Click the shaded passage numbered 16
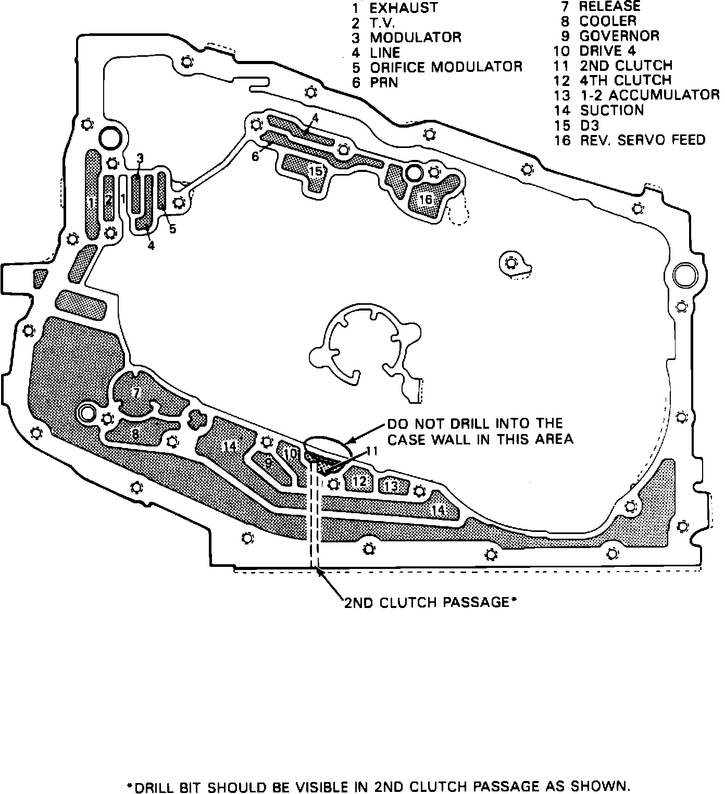[426, 200]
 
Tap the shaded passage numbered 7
[136, 393]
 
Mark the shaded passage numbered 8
[135, 432]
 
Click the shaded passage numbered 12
[359, 482]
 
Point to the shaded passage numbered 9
[269, 463]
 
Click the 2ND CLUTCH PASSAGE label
[430, 603]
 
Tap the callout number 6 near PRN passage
[255, 156]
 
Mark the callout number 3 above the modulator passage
[140, 158]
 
